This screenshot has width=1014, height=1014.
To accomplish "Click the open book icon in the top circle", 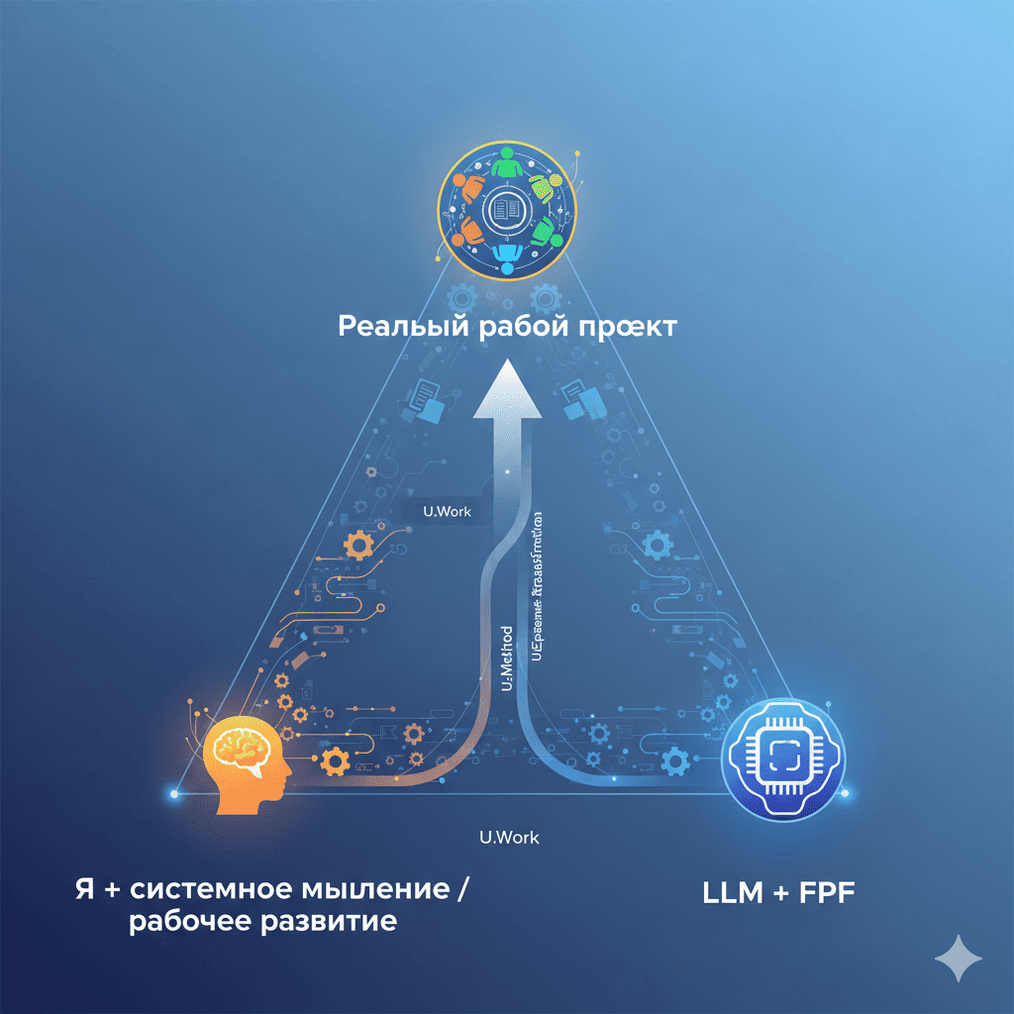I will [506, 209].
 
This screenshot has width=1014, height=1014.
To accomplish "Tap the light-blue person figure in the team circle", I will [507, 255].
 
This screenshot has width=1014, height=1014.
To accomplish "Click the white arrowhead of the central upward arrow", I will [507, 388].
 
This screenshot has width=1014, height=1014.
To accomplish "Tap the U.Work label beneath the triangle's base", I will [509, 838].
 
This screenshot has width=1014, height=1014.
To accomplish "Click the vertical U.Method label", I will [508, 659].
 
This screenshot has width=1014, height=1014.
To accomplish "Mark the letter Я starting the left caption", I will [83, 889].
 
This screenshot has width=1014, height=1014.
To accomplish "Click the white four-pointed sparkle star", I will [959, 959].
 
